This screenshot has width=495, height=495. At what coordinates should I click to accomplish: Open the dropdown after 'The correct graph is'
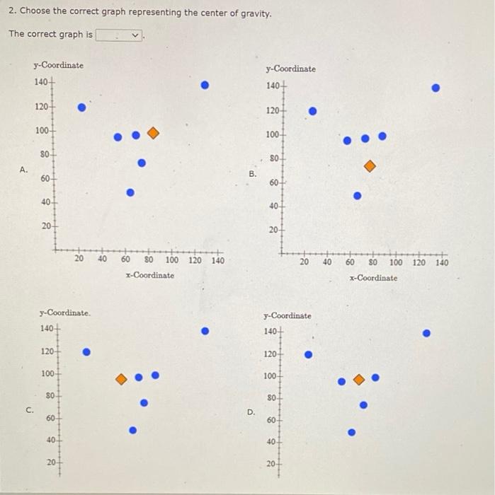pos(120,35)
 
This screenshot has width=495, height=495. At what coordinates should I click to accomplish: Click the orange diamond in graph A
pos(153,133)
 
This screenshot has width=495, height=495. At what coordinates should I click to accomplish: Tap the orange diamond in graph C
pos(121,378)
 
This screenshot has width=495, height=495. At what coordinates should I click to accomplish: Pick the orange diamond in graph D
pos(359,379)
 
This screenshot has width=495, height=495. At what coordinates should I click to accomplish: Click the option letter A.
pos(23,170)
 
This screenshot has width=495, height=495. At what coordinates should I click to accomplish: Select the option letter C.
pos(29,409)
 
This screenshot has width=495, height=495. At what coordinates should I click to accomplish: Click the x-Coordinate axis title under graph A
pos(149,275)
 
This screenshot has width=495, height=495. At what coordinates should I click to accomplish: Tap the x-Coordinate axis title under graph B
pos(373,278)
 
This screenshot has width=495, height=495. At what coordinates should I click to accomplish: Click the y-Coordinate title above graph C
pos(65,313)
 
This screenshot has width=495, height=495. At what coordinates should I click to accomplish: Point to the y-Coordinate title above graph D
pos(288,315)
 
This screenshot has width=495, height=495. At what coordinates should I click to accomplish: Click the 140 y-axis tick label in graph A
pos(41,82)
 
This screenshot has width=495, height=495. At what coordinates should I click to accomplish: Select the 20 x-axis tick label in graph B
pos(304,263)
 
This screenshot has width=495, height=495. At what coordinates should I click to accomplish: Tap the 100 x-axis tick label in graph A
pos(171,260)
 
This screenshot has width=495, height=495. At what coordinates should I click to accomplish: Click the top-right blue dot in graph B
pos(436,88)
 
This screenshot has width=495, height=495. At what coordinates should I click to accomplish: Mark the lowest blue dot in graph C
pos(132,429)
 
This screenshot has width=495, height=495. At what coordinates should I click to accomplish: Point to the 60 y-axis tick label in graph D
pos(271,421)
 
